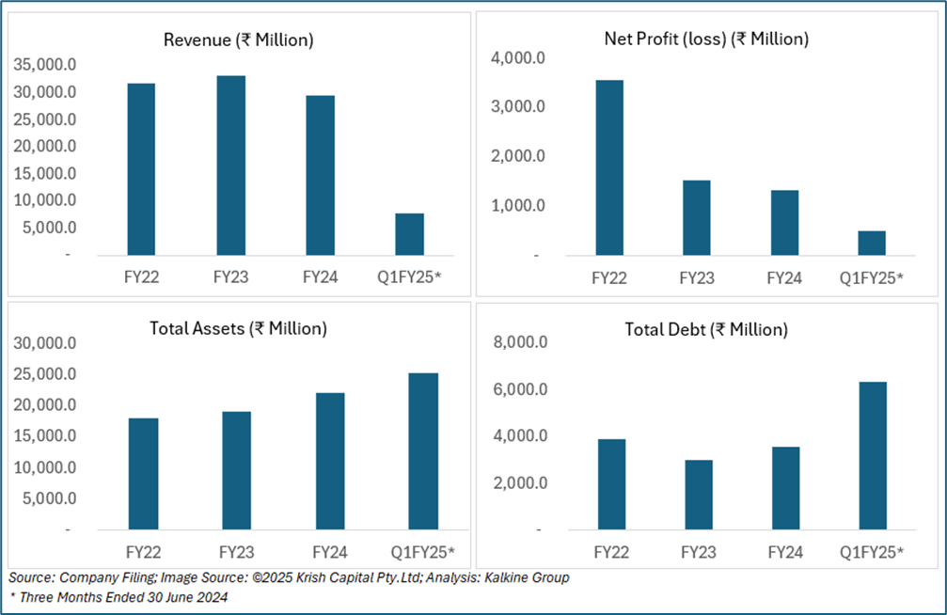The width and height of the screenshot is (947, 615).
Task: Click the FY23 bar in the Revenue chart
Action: (231, 166)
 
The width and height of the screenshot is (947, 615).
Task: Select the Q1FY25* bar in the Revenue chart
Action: (409, 234)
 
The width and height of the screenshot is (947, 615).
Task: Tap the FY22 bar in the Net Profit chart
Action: (608, 167)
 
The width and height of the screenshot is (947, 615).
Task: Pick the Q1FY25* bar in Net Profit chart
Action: (871, 243)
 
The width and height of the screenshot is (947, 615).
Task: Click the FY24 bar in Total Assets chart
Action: (328, 461)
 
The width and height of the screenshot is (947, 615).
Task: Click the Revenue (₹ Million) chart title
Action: (238, 39)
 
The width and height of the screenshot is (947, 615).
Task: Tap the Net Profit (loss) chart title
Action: (706, 39)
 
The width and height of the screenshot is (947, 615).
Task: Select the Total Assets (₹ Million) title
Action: (238, 329)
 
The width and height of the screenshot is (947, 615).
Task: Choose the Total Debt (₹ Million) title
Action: (706, 329)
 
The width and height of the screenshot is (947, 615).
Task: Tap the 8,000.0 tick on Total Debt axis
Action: (518, 343)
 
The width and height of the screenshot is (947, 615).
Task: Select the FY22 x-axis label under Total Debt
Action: (608, 552)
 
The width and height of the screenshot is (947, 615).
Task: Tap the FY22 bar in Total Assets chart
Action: (143, 474)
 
